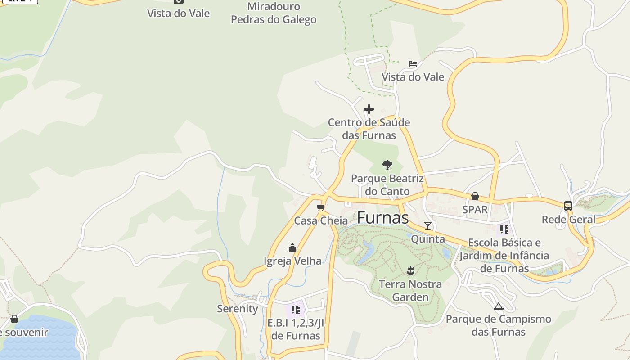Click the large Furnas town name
click(382, 218)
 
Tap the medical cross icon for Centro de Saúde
click(369, 109)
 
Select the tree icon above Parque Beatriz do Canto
click(387, 165)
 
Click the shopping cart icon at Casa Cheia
click(321, 207)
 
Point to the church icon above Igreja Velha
click(292, 247)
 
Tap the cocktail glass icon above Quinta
click(428, 225)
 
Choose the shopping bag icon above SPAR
click(475, 196)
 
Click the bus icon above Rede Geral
click(568, 206)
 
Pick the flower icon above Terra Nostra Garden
click(410, 270)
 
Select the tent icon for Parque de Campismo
click(498, 306)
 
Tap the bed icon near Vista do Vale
click(413, 64)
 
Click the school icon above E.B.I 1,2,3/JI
click(295, 310)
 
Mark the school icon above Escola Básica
click(504, 229)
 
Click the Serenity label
click(237, 309)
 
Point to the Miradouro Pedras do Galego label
click(274, 13)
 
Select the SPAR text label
click(475, 210)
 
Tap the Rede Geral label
click(568, 220)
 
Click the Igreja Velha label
click(292, 261)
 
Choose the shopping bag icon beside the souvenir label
click(14, 319)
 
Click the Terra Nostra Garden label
click(410, 291)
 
